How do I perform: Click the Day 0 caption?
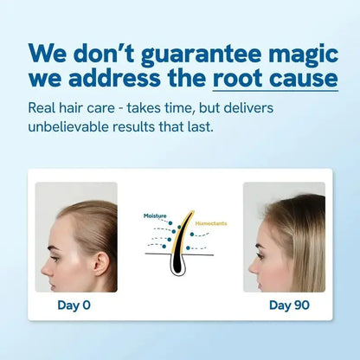(74, 305)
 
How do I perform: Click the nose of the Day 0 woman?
(42, 256)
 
